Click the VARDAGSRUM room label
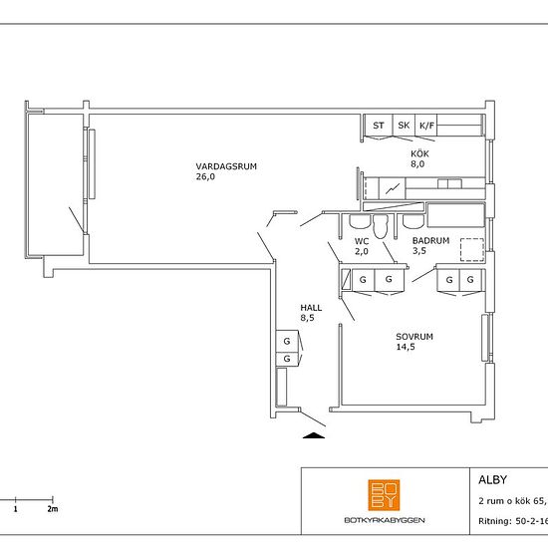point(226,166)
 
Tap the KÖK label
point(419,153)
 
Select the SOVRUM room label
point(414,337)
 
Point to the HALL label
point(311,308)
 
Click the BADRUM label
point(430,240)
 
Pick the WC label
point(362,241)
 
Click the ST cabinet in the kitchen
point(379,126)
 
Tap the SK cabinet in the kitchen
point(404,126)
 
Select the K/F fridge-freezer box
point(426,126)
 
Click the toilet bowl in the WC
point(381,226)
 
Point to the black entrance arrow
point(314,435)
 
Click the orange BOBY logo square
point(384,495)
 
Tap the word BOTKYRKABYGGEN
point(385,520)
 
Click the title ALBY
point(492,480)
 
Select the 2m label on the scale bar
point(53,509)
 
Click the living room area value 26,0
point(205,176)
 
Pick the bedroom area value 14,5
point(406,347)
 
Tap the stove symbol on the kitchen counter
point(393,188)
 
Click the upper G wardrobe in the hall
point(287,341)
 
